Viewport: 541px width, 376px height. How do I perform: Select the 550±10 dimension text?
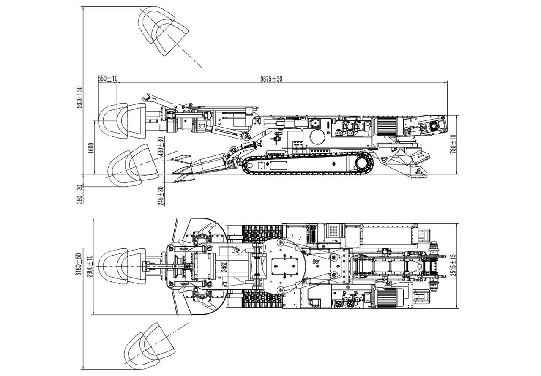tap(108, 79)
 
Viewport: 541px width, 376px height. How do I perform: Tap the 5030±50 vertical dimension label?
tap(79, 98)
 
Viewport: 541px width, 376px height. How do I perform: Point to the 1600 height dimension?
tap(91, 149)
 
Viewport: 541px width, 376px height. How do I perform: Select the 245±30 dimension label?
tap(161, 196)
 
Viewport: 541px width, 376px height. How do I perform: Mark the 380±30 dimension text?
tap(79, 194)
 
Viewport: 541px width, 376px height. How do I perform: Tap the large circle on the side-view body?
tap(317, 136)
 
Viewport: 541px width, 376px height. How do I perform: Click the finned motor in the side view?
tap(387, 126)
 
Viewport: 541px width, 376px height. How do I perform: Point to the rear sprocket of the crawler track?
tap(363, 163)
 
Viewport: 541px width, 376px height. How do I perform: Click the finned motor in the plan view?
tap(388, 298)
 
